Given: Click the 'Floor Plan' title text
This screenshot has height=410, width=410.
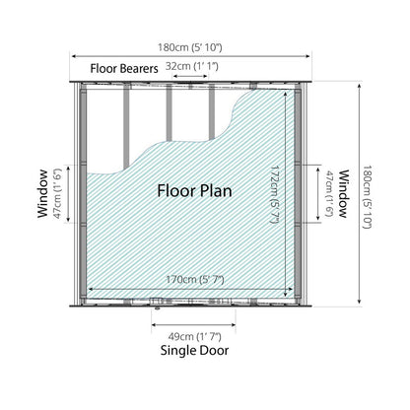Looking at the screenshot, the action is point(194,191).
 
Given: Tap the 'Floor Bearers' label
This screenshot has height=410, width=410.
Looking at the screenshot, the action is point(124,69).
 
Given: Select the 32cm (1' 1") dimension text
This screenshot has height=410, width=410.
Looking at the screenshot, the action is point(191,66).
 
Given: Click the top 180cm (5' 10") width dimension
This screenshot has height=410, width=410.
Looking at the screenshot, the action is point(190,47).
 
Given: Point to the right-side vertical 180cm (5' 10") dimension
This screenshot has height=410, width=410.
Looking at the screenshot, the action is point(367,197).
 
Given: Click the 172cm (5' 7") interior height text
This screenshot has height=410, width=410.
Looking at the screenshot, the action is point(275,194).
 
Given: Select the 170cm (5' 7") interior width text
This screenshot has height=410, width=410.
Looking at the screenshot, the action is point(195,280).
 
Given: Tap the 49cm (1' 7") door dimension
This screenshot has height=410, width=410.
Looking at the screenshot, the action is point(194,337).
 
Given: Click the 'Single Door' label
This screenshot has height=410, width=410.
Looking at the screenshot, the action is point(194,351).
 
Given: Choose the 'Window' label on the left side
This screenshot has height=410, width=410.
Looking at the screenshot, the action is point(42,193).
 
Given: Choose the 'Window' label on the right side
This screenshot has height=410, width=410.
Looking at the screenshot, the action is point(343,194).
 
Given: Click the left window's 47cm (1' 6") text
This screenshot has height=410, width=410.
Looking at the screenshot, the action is point(57,193).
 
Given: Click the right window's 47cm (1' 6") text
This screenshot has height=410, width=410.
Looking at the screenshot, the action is point(329,193).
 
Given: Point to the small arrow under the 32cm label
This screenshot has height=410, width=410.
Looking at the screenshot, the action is point(190,76).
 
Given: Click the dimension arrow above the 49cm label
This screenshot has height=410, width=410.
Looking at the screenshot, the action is point(193,325).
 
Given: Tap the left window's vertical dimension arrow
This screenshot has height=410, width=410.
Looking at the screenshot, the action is point(68,194).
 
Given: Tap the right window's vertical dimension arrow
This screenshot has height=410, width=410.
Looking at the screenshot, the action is point(317,194).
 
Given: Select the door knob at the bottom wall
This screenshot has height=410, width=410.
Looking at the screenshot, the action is point(158,308).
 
